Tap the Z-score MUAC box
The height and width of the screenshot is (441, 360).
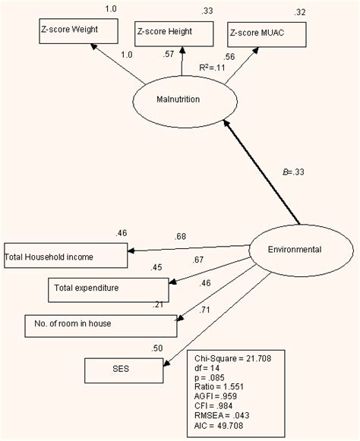point(267,34)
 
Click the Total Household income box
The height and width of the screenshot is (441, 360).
point(64,256)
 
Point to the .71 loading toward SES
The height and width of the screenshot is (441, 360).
point(205,310)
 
